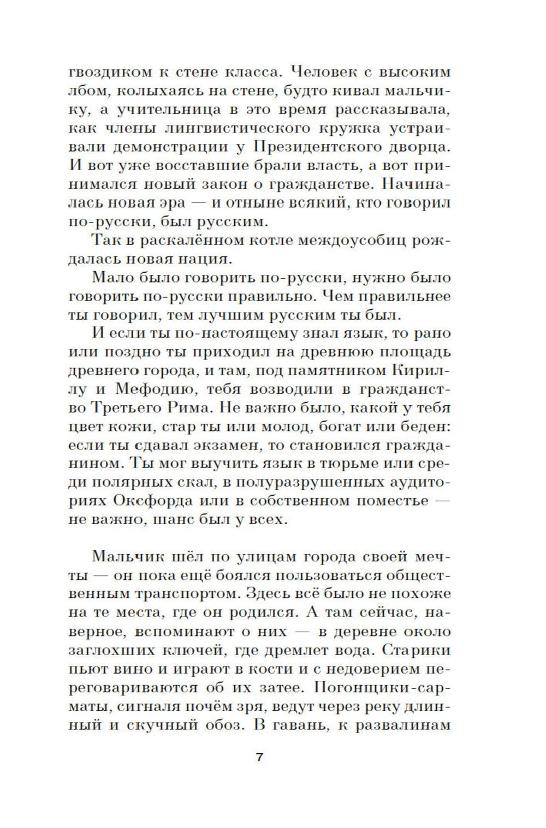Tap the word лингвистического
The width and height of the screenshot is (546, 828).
tap(240, 128)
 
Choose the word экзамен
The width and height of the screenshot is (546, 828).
tap(221, 445)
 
